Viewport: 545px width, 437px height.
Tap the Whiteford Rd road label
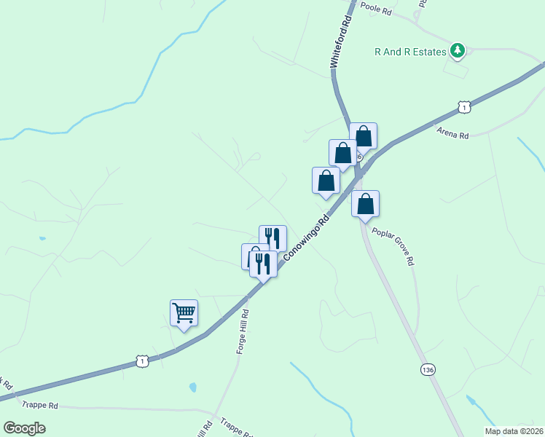341,44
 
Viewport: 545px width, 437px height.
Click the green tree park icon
457,50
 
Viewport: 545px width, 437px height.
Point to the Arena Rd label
452,133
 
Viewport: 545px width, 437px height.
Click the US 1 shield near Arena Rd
463,107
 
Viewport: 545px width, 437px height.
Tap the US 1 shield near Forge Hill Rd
143,361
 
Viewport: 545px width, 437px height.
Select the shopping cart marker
184,313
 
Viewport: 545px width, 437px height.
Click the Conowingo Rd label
307,239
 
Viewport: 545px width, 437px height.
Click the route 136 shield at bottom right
428,370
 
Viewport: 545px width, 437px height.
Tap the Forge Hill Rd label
243,332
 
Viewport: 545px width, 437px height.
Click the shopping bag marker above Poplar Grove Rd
365,204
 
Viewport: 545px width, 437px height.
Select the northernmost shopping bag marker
363,135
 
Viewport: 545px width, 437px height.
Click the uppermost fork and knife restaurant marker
272,237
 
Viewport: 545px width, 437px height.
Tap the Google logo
24,428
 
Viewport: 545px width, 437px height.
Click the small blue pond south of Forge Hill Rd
192,387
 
